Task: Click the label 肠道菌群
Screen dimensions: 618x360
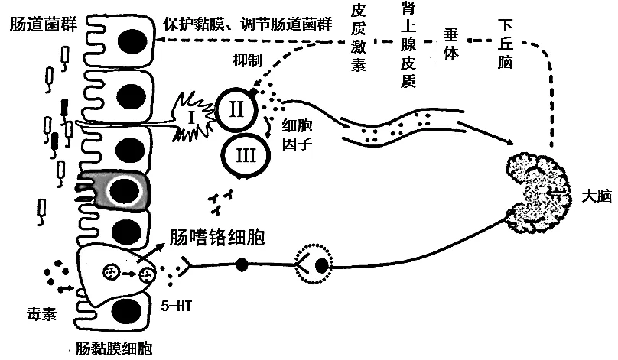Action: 44,24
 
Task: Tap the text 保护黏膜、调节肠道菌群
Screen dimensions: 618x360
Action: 248,24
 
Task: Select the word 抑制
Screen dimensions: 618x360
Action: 248,60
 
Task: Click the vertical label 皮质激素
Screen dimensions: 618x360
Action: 358,37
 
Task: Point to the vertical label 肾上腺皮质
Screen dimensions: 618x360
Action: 408,44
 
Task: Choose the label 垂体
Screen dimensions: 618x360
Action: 451,44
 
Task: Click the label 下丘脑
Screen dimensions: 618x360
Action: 505,44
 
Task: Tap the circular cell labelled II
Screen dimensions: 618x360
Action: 236,110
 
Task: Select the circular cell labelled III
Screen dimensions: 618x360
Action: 246,155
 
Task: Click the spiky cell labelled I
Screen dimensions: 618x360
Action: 193,117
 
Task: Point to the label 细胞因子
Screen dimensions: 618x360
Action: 298,135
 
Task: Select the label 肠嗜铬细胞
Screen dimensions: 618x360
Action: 217,237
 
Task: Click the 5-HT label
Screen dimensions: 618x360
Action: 176,306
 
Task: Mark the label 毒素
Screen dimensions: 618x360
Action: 41,314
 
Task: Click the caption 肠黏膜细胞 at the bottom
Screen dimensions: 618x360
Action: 113,349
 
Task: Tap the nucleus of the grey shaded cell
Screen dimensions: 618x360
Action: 124,190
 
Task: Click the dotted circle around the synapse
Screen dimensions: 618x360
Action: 314,264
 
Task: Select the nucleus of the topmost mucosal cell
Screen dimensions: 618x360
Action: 133,41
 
